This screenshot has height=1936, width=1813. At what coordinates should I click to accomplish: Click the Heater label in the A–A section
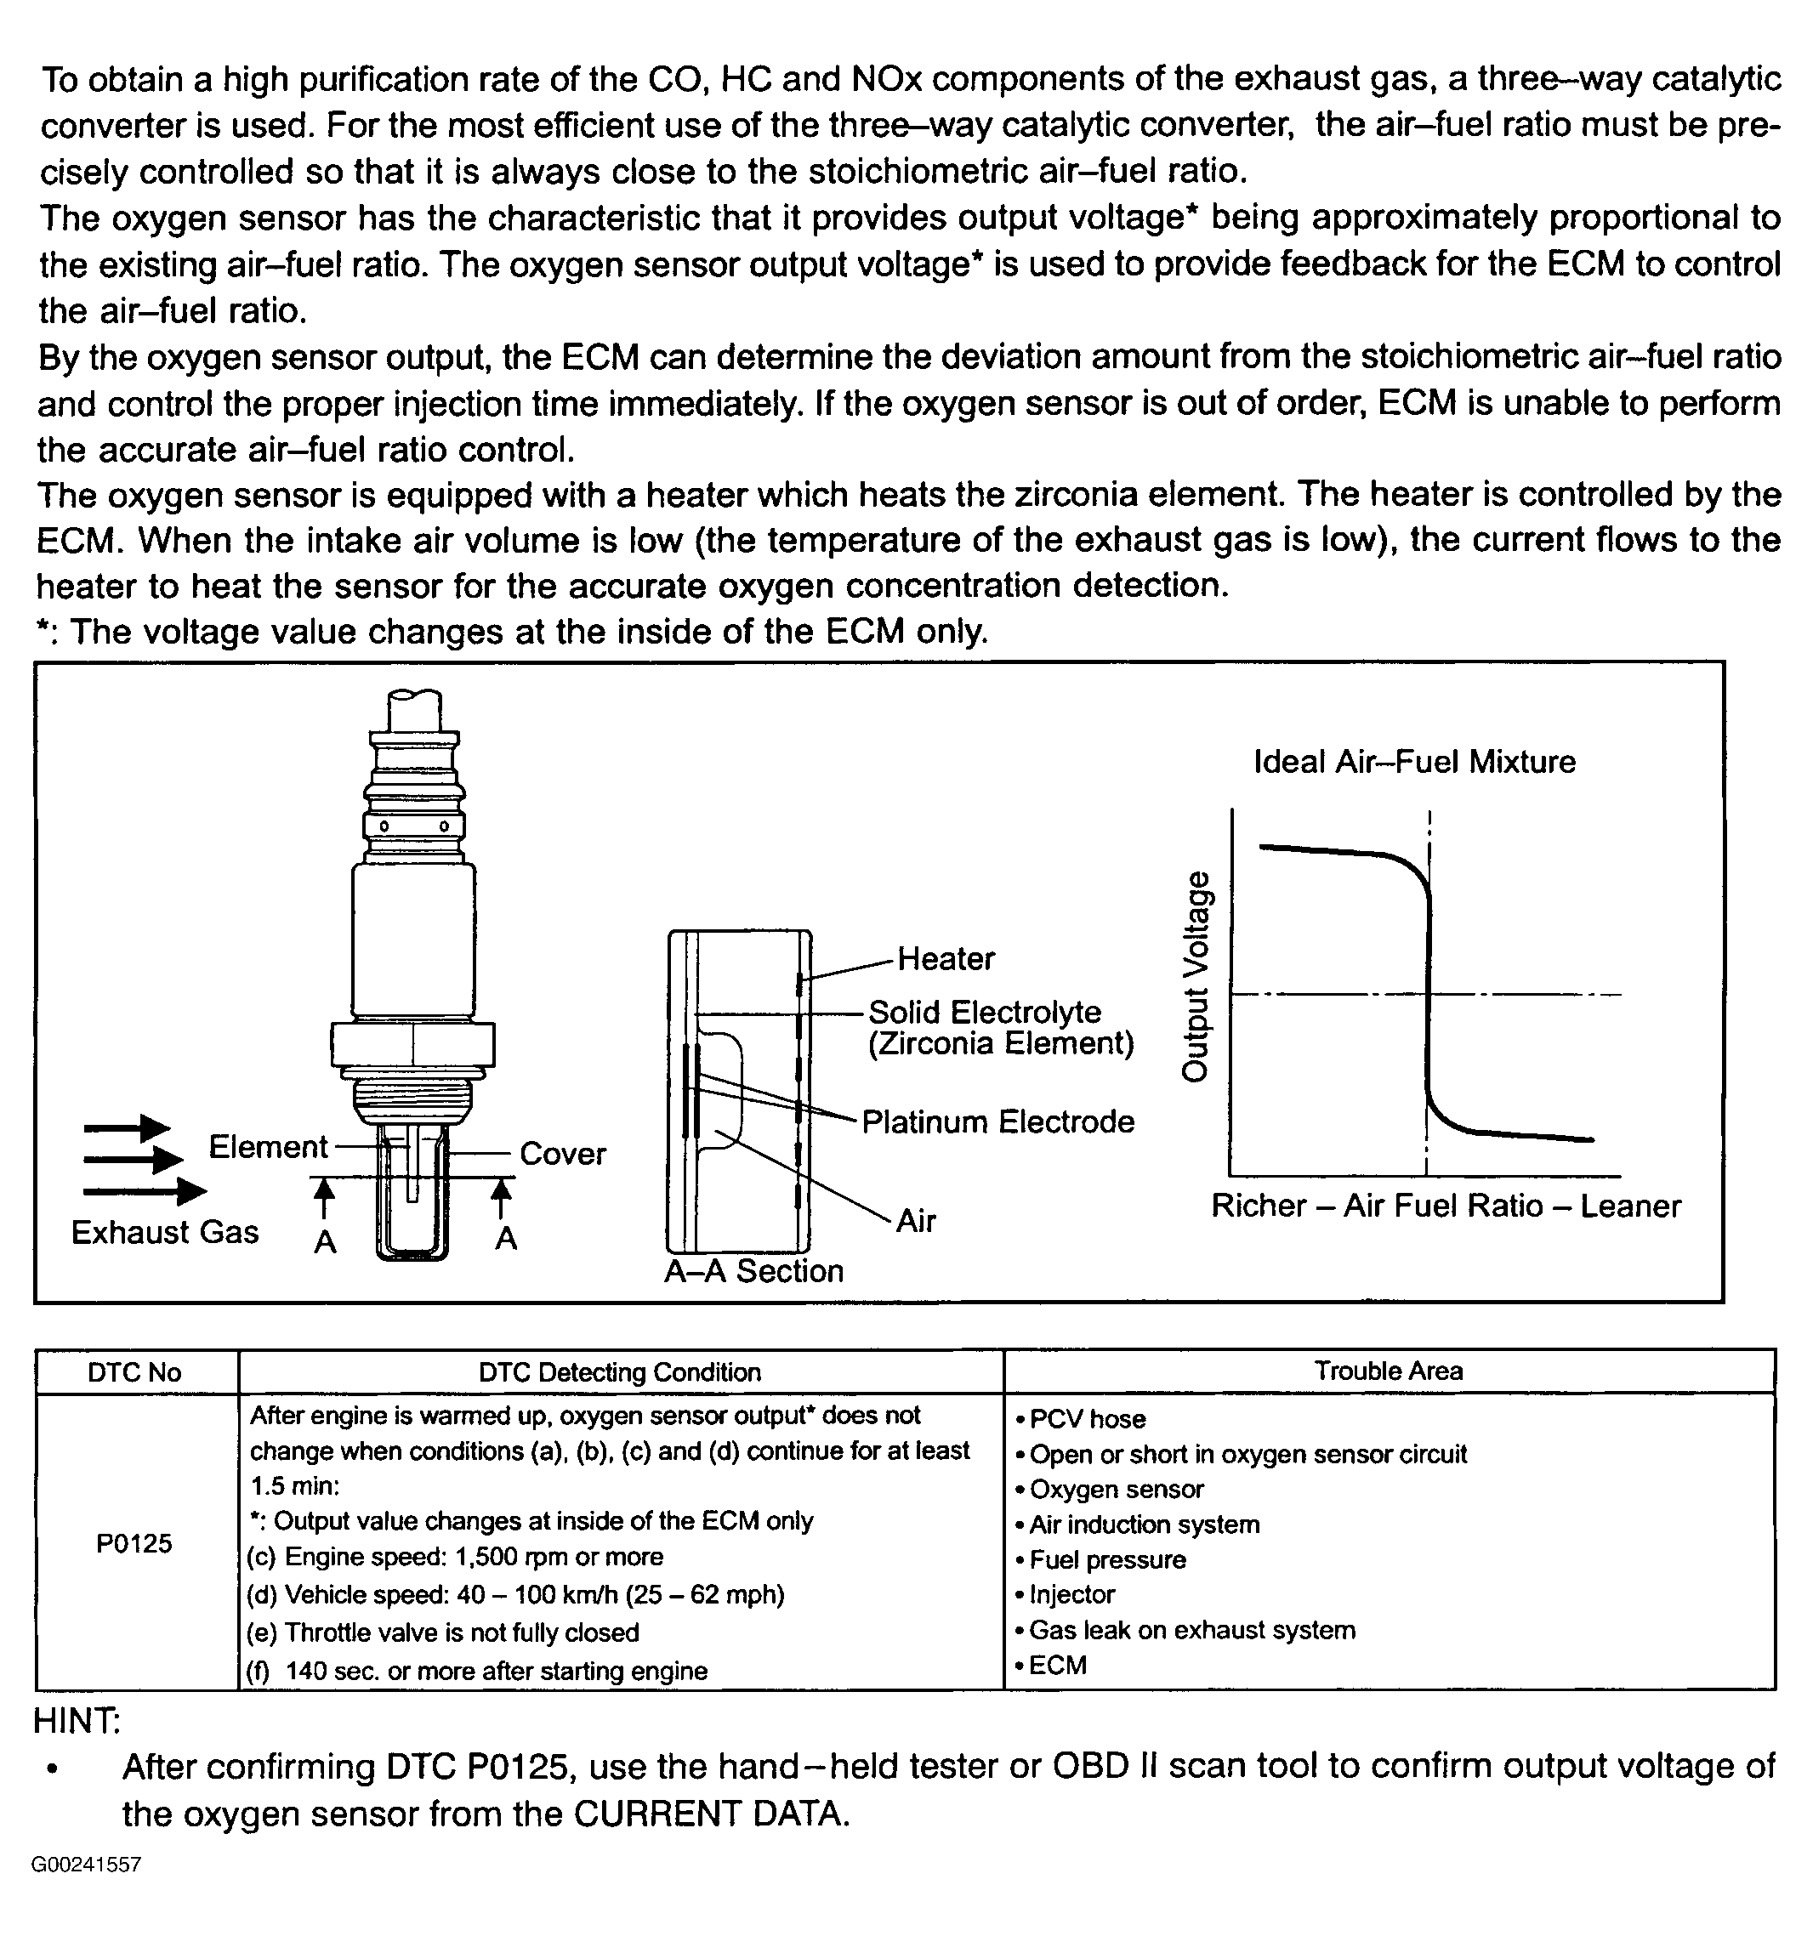945,959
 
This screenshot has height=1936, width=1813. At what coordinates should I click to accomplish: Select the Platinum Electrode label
997,1121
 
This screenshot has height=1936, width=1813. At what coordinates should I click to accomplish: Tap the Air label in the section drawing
916,1221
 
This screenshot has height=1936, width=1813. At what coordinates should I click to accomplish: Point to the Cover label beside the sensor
562,1154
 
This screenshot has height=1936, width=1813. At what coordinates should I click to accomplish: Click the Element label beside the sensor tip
268,1147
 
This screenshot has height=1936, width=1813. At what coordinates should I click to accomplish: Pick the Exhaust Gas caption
165,1233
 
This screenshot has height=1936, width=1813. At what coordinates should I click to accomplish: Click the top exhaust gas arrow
127,1127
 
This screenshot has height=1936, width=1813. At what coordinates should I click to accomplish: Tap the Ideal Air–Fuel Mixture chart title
1413,762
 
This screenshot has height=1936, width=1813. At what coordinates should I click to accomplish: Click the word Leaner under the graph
1630,1206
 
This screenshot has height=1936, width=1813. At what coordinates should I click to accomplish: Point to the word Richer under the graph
1259,1206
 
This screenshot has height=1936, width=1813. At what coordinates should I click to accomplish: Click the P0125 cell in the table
134,1543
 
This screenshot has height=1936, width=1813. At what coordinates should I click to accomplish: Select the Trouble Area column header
1389,1371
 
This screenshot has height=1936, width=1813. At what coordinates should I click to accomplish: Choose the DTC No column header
134,1373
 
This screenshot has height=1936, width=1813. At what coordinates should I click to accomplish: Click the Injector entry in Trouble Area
1071,1595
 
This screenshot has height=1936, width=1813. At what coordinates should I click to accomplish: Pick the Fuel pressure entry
1106,1560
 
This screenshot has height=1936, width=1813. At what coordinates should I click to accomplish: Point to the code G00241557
86,1865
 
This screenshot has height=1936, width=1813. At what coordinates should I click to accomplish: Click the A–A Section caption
753,1272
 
